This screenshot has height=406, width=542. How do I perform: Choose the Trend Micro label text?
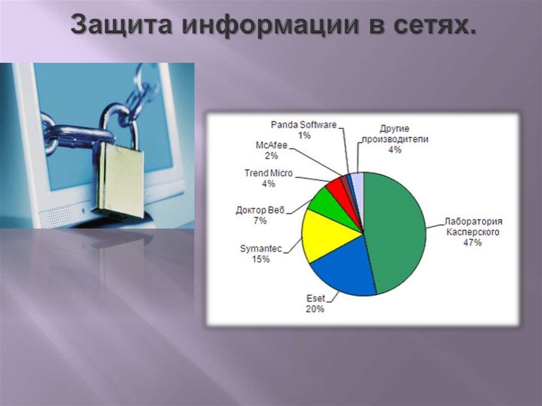tap(268, 173)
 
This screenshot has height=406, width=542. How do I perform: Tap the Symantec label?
tap(261, 248)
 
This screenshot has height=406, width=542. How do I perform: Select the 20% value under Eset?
tap(315, 309)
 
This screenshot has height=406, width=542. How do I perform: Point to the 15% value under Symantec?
tap(261, 259)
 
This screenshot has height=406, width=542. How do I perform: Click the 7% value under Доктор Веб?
tap(260, 221)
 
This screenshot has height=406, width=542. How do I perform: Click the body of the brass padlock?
tap(121, 180)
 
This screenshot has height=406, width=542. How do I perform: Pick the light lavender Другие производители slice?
tap(358, 181)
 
